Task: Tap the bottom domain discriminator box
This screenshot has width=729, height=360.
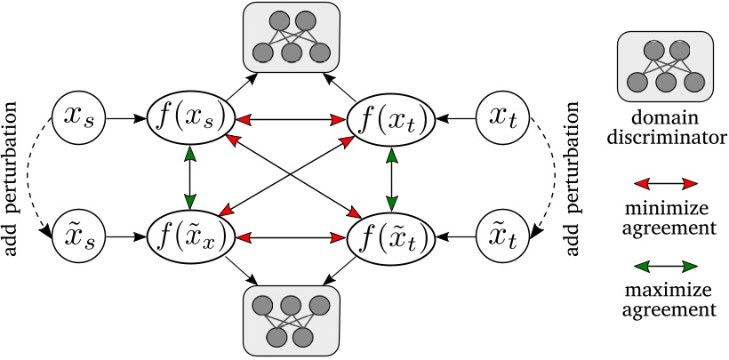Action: point(290,318)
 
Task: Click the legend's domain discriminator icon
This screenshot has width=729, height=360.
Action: point(667,68)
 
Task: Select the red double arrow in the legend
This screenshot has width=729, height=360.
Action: point(667,184)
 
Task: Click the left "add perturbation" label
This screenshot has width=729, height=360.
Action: point(15,178)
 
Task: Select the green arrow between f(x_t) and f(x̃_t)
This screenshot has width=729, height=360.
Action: point(388,176)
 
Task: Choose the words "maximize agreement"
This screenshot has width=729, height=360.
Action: point(667,300)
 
